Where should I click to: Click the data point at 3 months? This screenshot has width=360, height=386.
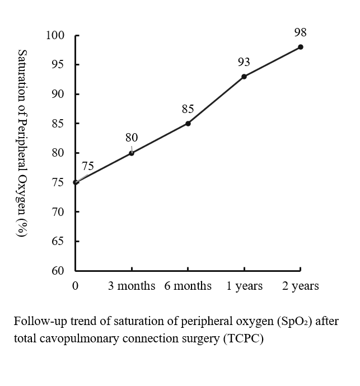click(132, 153)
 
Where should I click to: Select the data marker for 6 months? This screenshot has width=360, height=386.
click(188, 123)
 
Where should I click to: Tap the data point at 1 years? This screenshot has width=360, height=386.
click(244, 76)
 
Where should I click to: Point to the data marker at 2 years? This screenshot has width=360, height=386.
click(301, 47)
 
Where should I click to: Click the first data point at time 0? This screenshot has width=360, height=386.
click(76, 182)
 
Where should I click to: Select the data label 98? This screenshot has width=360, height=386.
click(300, 33)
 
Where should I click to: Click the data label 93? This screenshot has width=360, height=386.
click(244, 62)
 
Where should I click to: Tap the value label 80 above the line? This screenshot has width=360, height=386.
click(132, 138)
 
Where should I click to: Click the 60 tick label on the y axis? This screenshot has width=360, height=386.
click(58, 271)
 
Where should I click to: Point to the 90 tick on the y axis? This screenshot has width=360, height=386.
click(58, 95)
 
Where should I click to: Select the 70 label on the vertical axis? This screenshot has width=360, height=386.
click(58, 212)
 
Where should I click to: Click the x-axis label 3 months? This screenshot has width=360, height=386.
click(132, 286)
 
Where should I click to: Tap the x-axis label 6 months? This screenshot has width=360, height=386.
click(188, 286)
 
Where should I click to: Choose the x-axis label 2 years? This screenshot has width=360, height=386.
click(301, 286)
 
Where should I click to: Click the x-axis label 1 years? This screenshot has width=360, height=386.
click(245, 286)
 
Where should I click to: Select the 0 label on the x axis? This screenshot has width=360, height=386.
click(76, 286)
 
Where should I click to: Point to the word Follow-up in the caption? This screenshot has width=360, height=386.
click(37, 323)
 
